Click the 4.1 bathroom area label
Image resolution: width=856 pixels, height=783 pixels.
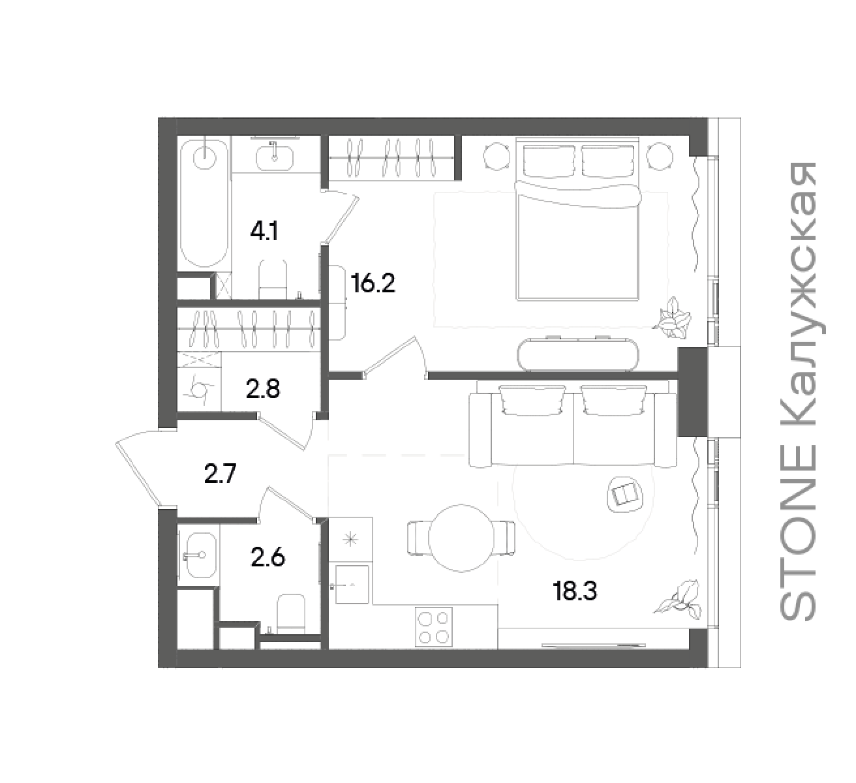(x=264, y=232)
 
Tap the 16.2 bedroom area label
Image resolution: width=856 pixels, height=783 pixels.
(x=373, y=283)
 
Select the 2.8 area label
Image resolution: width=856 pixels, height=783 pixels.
(x=263, y=389)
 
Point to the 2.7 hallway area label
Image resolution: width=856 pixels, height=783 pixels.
(x=220, y=474)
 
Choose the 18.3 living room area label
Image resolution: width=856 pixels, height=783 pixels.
(x=574, y=592)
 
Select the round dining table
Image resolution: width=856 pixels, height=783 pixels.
(x=461, y=538)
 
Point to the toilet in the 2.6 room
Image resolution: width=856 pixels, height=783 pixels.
(x=291, y=613)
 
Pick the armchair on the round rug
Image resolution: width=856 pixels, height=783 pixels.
(x=625, y=494)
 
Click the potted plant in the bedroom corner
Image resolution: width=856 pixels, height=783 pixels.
(x=673, y=318)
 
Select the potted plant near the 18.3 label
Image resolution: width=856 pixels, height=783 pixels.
(x=678, y=598)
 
